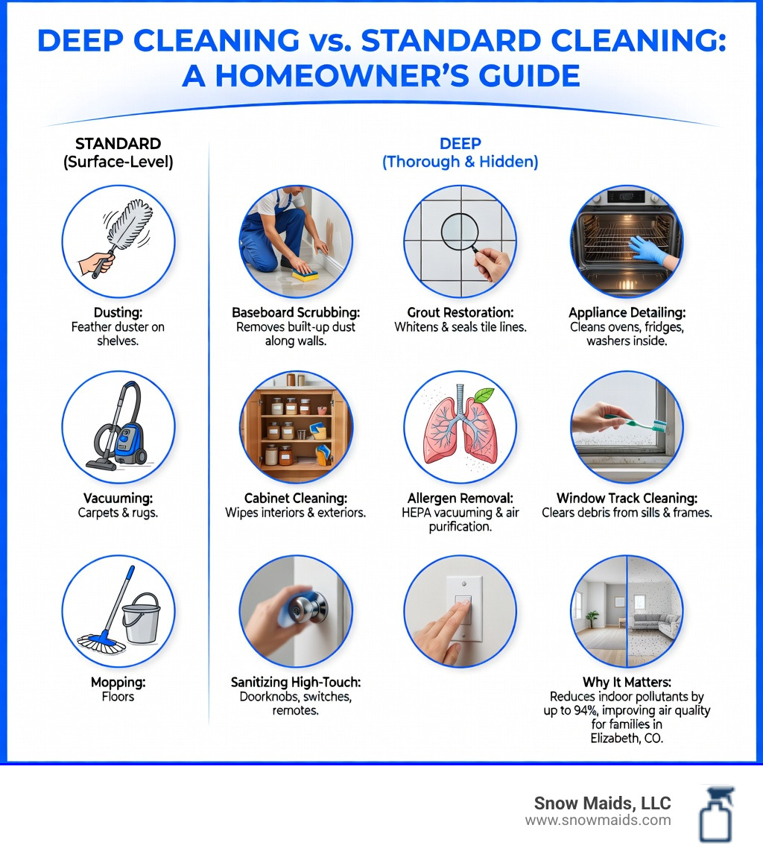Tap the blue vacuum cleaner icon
[x=127, y=437]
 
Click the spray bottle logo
[x=716, y=814]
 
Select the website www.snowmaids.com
[x=598, y=821]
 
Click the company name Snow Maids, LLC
[x=602, y=803]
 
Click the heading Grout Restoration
[x=460, y=313]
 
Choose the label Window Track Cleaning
[x=627, y=498]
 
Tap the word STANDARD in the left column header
[x=118, y=144]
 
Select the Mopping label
[x=118, y=682]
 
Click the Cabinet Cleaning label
[x=295, y=498]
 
